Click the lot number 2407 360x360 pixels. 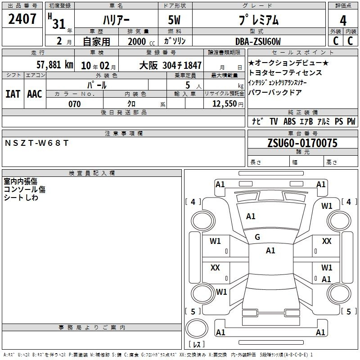tap(22, 19)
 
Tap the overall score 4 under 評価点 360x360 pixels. tap(343, 21)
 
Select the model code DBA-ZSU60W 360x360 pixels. tap(258, 41)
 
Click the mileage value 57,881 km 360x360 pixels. tap(55, 65)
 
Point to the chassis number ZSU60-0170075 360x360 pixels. tap(302, 143)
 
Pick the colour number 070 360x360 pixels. tap(75, 104)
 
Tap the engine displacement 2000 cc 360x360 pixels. tap(141, 42)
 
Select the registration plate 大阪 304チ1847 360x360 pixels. tap(171, 65)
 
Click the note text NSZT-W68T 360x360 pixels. tap(37, 143)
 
